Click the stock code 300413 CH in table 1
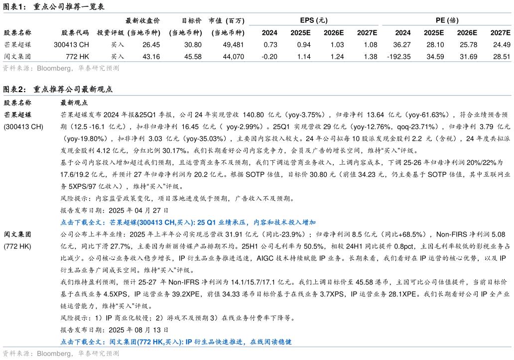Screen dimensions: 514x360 (x=71, y=44)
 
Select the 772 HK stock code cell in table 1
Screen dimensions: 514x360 (x=77, y=57)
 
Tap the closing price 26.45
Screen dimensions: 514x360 (x=151, y=44)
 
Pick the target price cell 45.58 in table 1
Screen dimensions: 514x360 (x=193, y=57)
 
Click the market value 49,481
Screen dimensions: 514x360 (x=234, y=44)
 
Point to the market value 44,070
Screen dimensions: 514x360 (x=234, y=57)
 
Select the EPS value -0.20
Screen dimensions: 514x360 (x=269, y=57)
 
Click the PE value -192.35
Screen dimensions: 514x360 (x=398, y=57)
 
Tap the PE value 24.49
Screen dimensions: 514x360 (x=502, y=44)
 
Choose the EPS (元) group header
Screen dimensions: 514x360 (x=314, y=20)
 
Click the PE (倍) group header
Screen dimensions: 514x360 (x=447, y=20)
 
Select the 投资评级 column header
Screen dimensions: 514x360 (x=111, y=33)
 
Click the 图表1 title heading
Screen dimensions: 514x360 (x=54, y=6)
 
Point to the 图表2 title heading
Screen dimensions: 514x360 (x=58, y=89)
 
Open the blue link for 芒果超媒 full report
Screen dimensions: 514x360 (x=188, y=223)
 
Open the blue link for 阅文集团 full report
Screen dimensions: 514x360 (x=176, y=342)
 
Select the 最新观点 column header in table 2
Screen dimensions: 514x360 (x=74, y=103)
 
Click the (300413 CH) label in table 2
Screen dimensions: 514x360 (x=23, y=127)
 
